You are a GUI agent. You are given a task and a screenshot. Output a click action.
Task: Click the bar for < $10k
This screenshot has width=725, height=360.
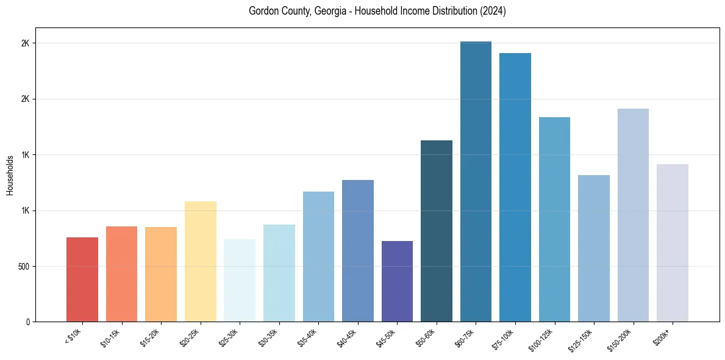82,279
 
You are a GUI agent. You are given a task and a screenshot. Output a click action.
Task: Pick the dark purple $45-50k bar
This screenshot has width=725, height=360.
397,281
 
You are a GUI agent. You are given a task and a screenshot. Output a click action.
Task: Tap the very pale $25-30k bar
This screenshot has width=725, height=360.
240,280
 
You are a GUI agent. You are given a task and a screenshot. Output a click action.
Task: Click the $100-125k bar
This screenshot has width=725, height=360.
554,219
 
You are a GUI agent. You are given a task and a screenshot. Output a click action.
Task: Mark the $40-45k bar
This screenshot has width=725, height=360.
358,251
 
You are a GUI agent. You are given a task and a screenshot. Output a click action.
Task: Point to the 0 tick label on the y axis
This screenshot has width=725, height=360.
28,322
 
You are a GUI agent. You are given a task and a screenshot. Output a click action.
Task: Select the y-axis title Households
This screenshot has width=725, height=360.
10,175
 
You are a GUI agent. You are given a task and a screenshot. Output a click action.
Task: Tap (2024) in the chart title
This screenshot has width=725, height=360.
493,11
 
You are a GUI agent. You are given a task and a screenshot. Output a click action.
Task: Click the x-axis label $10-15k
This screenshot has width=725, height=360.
110,337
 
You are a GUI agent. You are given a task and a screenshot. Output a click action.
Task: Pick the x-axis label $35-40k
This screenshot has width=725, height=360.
307,337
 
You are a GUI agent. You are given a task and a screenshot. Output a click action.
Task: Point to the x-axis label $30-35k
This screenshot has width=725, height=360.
268,337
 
